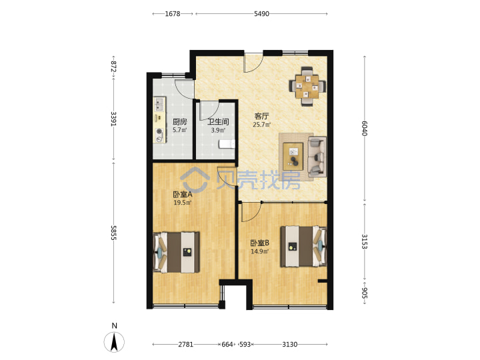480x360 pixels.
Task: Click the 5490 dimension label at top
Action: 261,14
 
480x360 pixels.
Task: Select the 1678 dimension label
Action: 173,14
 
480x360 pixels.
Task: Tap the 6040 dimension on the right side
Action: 364,128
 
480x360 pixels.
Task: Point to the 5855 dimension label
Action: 113,233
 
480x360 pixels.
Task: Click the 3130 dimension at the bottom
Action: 289,345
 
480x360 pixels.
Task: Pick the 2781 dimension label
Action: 186,345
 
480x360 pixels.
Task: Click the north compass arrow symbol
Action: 114,341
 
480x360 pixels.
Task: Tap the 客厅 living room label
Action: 261,116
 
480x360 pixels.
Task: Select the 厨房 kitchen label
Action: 180,122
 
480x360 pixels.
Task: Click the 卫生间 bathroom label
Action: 218,122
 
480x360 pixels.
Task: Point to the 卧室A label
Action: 183,195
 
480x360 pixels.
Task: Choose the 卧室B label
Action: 259,243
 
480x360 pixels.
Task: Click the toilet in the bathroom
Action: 227,144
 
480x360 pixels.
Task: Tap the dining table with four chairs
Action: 307,86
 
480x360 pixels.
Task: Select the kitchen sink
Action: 159,104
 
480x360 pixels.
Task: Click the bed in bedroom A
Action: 176,252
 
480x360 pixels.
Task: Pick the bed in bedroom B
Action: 304,246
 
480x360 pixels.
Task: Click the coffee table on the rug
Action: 293,157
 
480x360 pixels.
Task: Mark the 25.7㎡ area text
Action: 262,125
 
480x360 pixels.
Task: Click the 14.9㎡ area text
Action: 259,251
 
